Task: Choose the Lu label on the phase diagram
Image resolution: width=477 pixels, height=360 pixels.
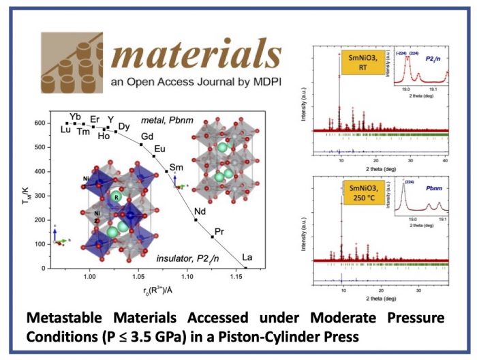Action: pos(65,130)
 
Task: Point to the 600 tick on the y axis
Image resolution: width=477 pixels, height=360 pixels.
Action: pos(41,123)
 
